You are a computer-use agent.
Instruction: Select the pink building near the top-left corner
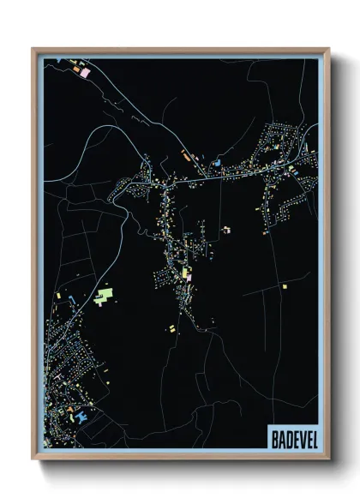tap(85, 73)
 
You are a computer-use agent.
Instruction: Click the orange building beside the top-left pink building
tap(75, 64)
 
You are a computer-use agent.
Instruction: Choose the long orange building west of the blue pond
tap(184, 157)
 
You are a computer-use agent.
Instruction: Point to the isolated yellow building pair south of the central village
tap(171, 327)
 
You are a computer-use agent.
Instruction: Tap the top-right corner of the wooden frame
tap(327, 50)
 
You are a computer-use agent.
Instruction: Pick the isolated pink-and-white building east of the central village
tap(226, 230)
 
